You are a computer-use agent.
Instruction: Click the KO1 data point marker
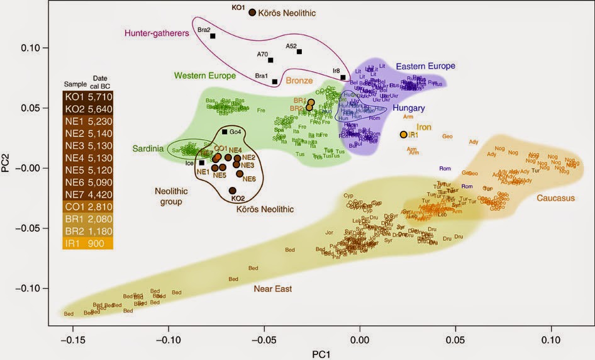coord(252,12)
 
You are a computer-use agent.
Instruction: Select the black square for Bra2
coord(213,36)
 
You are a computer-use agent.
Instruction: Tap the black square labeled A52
coord(299,52)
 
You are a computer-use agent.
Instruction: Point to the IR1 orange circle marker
coord(403,135)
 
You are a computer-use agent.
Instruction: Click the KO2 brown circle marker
coord(232,191)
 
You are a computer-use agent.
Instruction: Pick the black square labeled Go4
coord(225,132)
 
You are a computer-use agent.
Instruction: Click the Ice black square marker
coord(201,163)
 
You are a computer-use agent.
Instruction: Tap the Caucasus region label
coord(555,198)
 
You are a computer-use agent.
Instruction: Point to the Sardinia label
coord(148,149)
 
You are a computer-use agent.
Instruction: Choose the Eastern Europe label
coord(425,66)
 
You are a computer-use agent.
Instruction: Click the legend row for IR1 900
coord(87,244)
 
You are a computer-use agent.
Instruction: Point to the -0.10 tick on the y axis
coord(35,288)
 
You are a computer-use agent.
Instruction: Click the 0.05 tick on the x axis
coord(455,337)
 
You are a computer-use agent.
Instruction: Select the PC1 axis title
coord(322,354)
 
